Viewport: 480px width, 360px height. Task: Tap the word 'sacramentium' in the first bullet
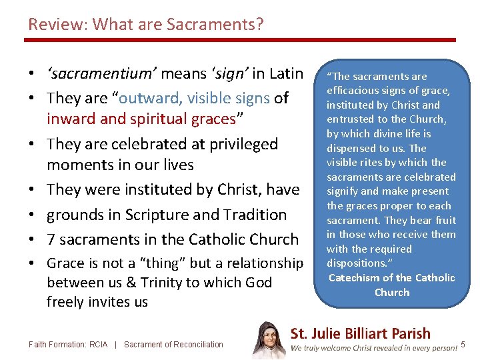(101, 73)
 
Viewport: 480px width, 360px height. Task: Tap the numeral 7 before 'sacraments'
(52, 239)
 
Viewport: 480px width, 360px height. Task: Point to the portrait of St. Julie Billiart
(269, 341)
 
